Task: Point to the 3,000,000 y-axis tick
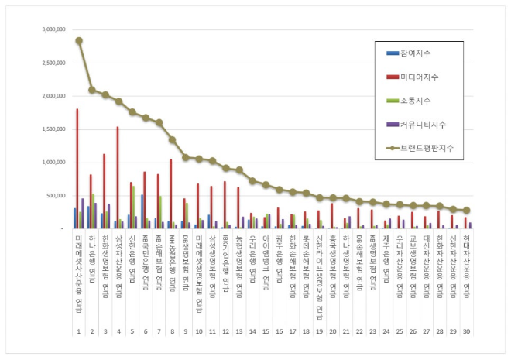(48, 30)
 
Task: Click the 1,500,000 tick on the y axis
(48, 130)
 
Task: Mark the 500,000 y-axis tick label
(51, 196)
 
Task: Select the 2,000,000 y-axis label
(48, 97)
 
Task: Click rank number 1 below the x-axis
(79, 331)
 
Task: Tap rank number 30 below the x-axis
(466, 331)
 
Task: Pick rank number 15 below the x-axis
(266, 331)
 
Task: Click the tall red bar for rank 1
(77, 169)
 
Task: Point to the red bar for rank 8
(171, 194)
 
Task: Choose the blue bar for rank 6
(142, 211)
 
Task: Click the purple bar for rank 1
(83, 213)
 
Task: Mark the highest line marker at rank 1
(79, 40)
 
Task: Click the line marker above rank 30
(466, 210)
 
